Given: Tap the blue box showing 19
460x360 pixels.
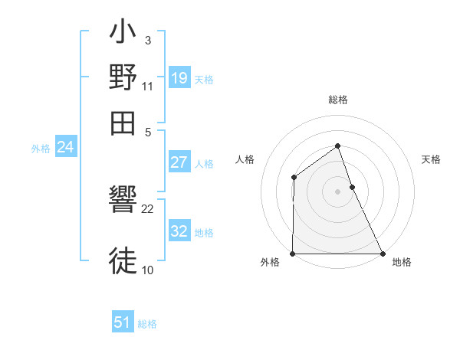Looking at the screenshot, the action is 179,77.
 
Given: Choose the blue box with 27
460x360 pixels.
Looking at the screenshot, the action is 179,162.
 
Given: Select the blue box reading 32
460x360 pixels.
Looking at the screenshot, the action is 179,231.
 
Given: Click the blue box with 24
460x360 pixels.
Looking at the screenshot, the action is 66,147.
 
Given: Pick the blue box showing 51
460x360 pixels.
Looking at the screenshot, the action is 123,322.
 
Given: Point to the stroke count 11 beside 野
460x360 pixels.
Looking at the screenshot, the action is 148,85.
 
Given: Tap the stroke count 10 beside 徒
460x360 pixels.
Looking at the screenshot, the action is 147,270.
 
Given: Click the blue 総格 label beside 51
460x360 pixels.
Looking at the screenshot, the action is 147,324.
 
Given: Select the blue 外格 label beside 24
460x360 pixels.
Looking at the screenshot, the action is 41,149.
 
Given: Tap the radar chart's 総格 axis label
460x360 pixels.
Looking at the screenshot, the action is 337,100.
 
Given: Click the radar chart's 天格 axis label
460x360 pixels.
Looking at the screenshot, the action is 432,159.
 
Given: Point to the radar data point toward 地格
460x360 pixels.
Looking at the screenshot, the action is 383,254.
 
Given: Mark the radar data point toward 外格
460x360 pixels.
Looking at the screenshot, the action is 292,254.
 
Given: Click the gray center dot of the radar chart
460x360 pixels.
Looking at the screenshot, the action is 337,191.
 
